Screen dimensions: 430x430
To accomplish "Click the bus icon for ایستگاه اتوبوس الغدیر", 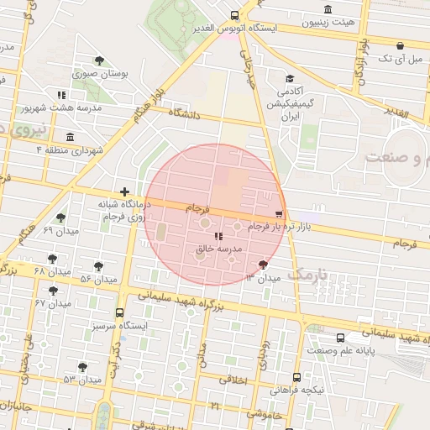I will click(234, 15).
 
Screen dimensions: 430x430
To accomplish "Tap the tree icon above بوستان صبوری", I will click(100, 60).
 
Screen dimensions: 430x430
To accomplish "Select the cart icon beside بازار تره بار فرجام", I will click(279, 214).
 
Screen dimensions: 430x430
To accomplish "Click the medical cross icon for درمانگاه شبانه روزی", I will click(125, 192).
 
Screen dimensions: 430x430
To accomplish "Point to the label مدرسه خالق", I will click(218, 249).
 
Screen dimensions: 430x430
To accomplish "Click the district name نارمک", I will click(305, 274).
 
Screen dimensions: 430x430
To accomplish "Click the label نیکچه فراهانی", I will click(299, 391).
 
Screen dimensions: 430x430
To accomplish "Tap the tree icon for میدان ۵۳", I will click(82, 367).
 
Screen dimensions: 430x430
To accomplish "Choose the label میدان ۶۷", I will click(52, 302).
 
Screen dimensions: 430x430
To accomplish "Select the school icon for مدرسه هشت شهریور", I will click(60, 96).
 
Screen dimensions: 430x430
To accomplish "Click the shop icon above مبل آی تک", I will click(400, 45).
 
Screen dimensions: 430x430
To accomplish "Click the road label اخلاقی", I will click(234, 380).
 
